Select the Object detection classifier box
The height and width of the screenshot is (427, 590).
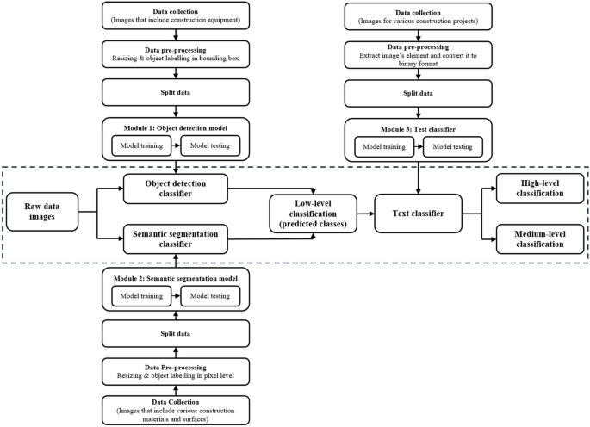[x=176, y=189]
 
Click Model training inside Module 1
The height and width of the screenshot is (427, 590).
[x=140, y=146]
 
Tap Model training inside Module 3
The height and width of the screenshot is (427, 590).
[x=384, y=146]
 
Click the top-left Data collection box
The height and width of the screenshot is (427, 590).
[x=176, y=15]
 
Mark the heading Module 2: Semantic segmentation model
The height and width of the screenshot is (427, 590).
[x=176, y=280]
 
